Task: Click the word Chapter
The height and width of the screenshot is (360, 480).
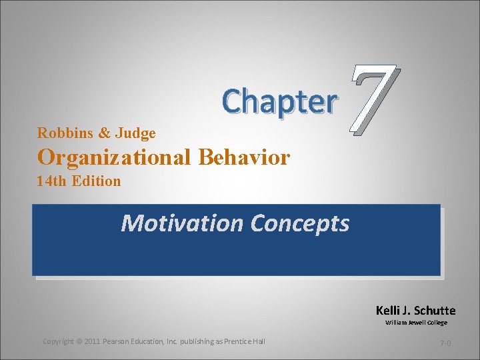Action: click(x=279, y=102)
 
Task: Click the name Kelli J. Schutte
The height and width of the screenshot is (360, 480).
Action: click(x=415, y=311)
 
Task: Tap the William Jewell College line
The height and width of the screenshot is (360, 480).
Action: click(x=416, y=323)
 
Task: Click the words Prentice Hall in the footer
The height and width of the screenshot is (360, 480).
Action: click(x=245, y=341)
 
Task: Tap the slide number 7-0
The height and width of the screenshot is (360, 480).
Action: click(x=445, y=343)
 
